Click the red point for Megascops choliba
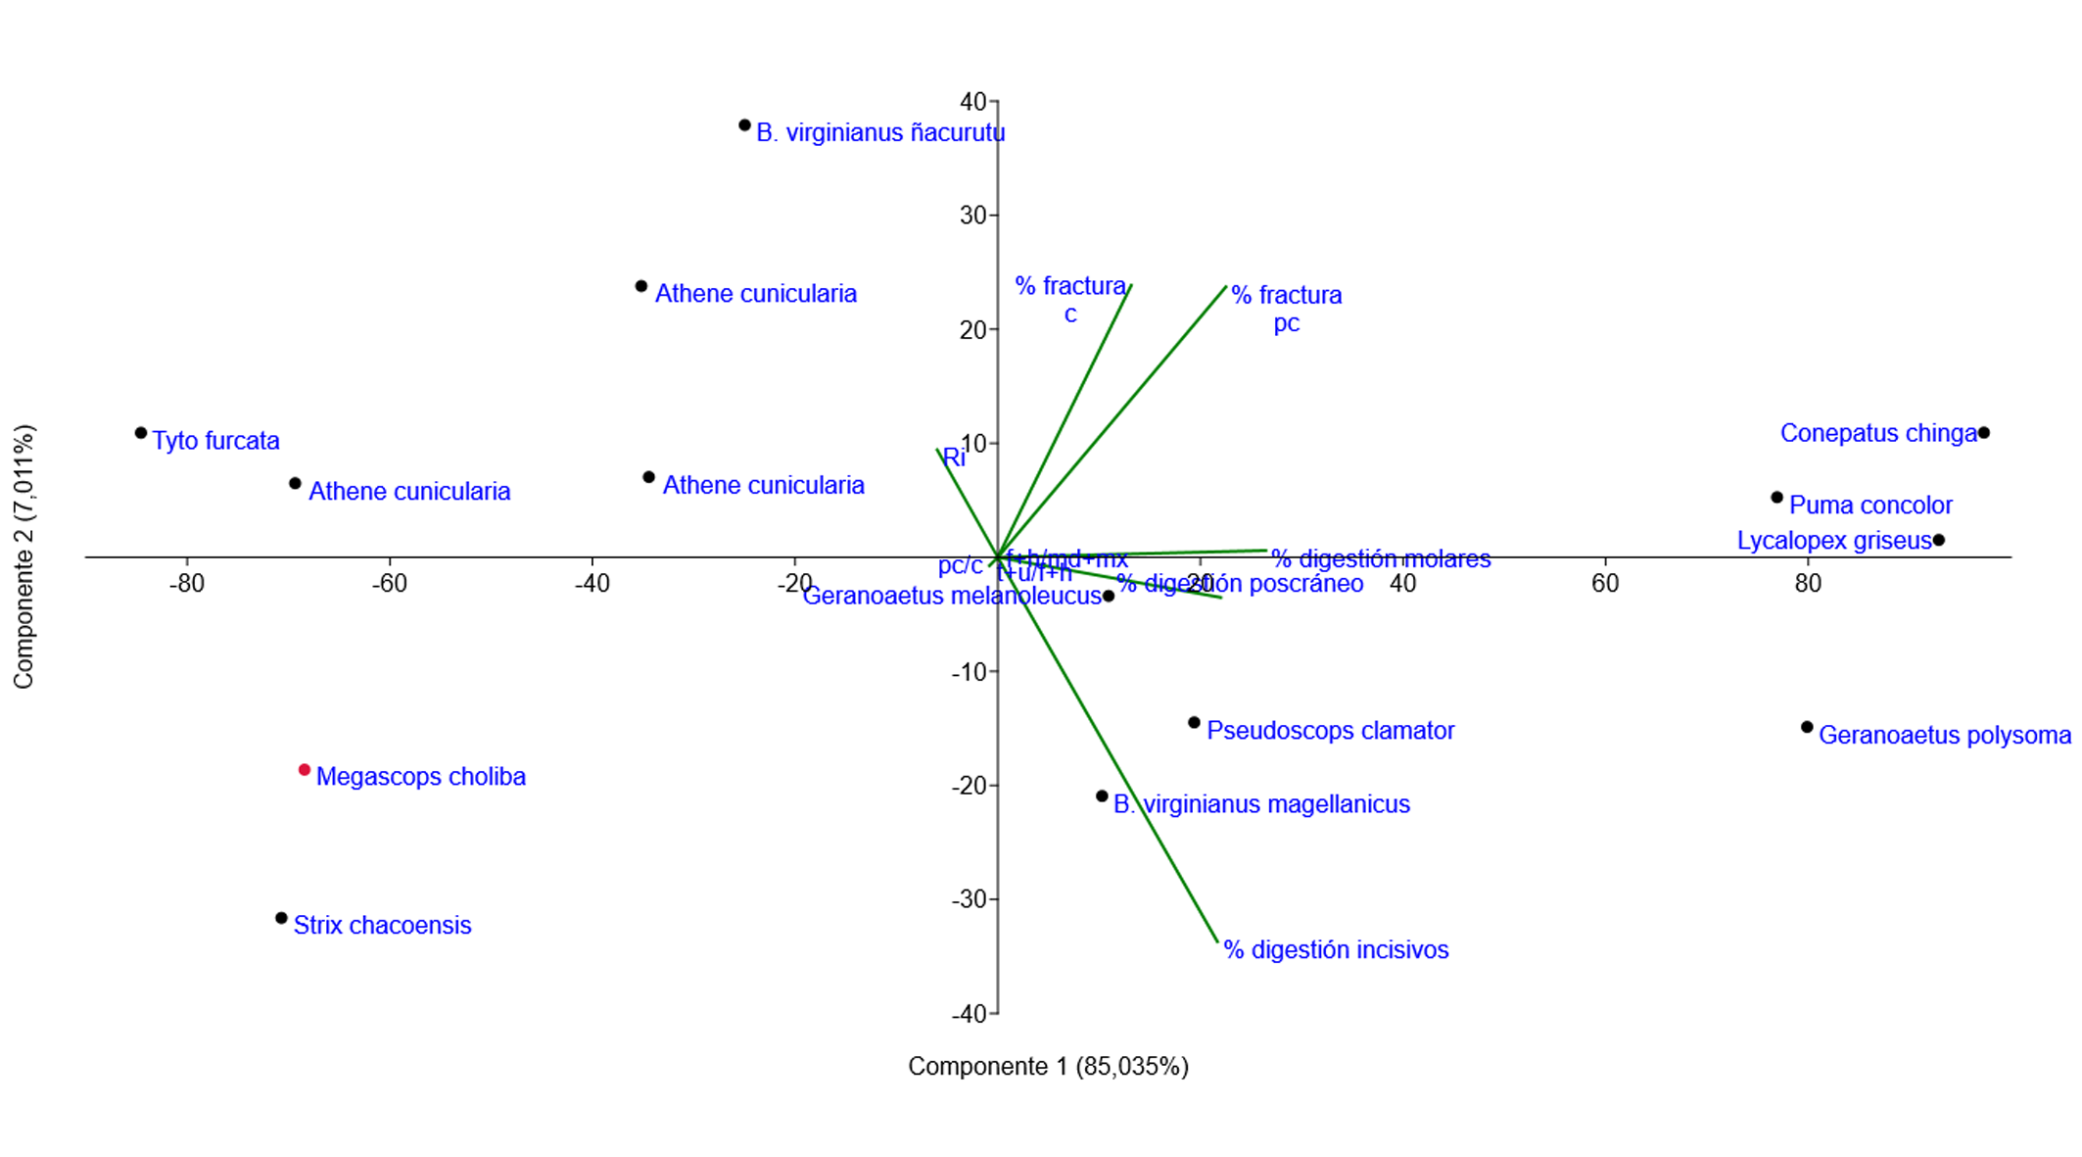click(305, 770)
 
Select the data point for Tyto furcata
click(141, 433)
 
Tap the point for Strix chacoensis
click(282, 918)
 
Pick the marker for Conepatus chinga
click(1983, 433)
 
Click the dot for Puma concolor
click(1776, 498)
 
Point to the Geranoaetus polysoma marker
click(1807, 727)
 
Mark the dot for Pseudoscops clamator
click(1194, 723)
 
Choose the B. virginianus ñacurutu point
click(744, 125)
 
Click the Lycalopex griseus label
click(1833, 541)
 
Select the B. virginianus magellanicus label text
click(1261, 804)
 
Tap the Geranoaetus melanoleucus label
click(952, 596)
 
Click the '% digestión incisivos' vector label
click(1336, 949)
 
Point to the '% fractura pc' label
click(1286, 308)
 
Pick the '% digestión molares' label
click(1381, 558)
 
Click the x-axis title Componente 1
click(1048, 1066)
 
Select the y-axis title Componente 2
click(24, 556)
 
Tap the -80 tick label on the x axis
click(186, 584)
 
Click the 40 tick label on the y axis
click(972, 102)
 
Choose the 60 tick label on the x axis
click(1604, 584)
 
